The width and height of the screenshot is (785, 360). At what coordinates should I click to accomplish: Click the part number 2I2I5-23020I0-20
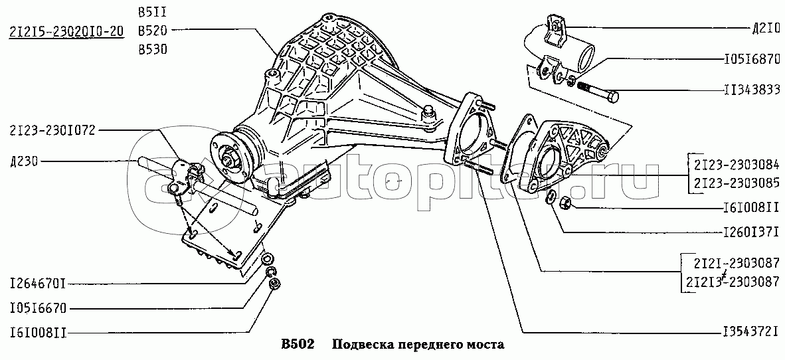66,31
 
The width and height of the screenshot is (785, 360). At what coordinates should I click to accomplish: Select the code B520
153,31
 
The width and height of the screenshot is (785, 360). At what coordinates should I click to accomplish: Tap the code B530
153,50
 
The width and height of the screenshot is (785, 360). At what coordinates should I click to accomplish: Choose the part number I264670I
38,285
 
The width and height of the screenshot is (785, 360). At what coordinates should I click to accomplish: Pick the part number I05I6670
38,308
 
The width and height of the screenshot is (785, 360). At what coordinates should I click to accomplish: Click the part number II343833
752,90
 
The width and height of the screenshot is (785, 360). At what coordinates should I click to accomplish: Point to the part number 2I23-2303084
736,164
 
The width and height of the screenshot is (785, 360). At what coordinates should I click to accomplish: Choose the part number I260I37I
751,233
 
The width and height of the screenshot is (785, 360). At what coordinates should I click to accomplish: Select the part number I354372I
751,331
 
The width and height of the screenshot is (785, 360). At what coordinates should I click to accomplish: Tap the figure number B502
298,345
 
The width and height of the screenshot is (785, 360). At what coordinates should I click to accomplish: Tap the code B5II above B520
153,12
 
